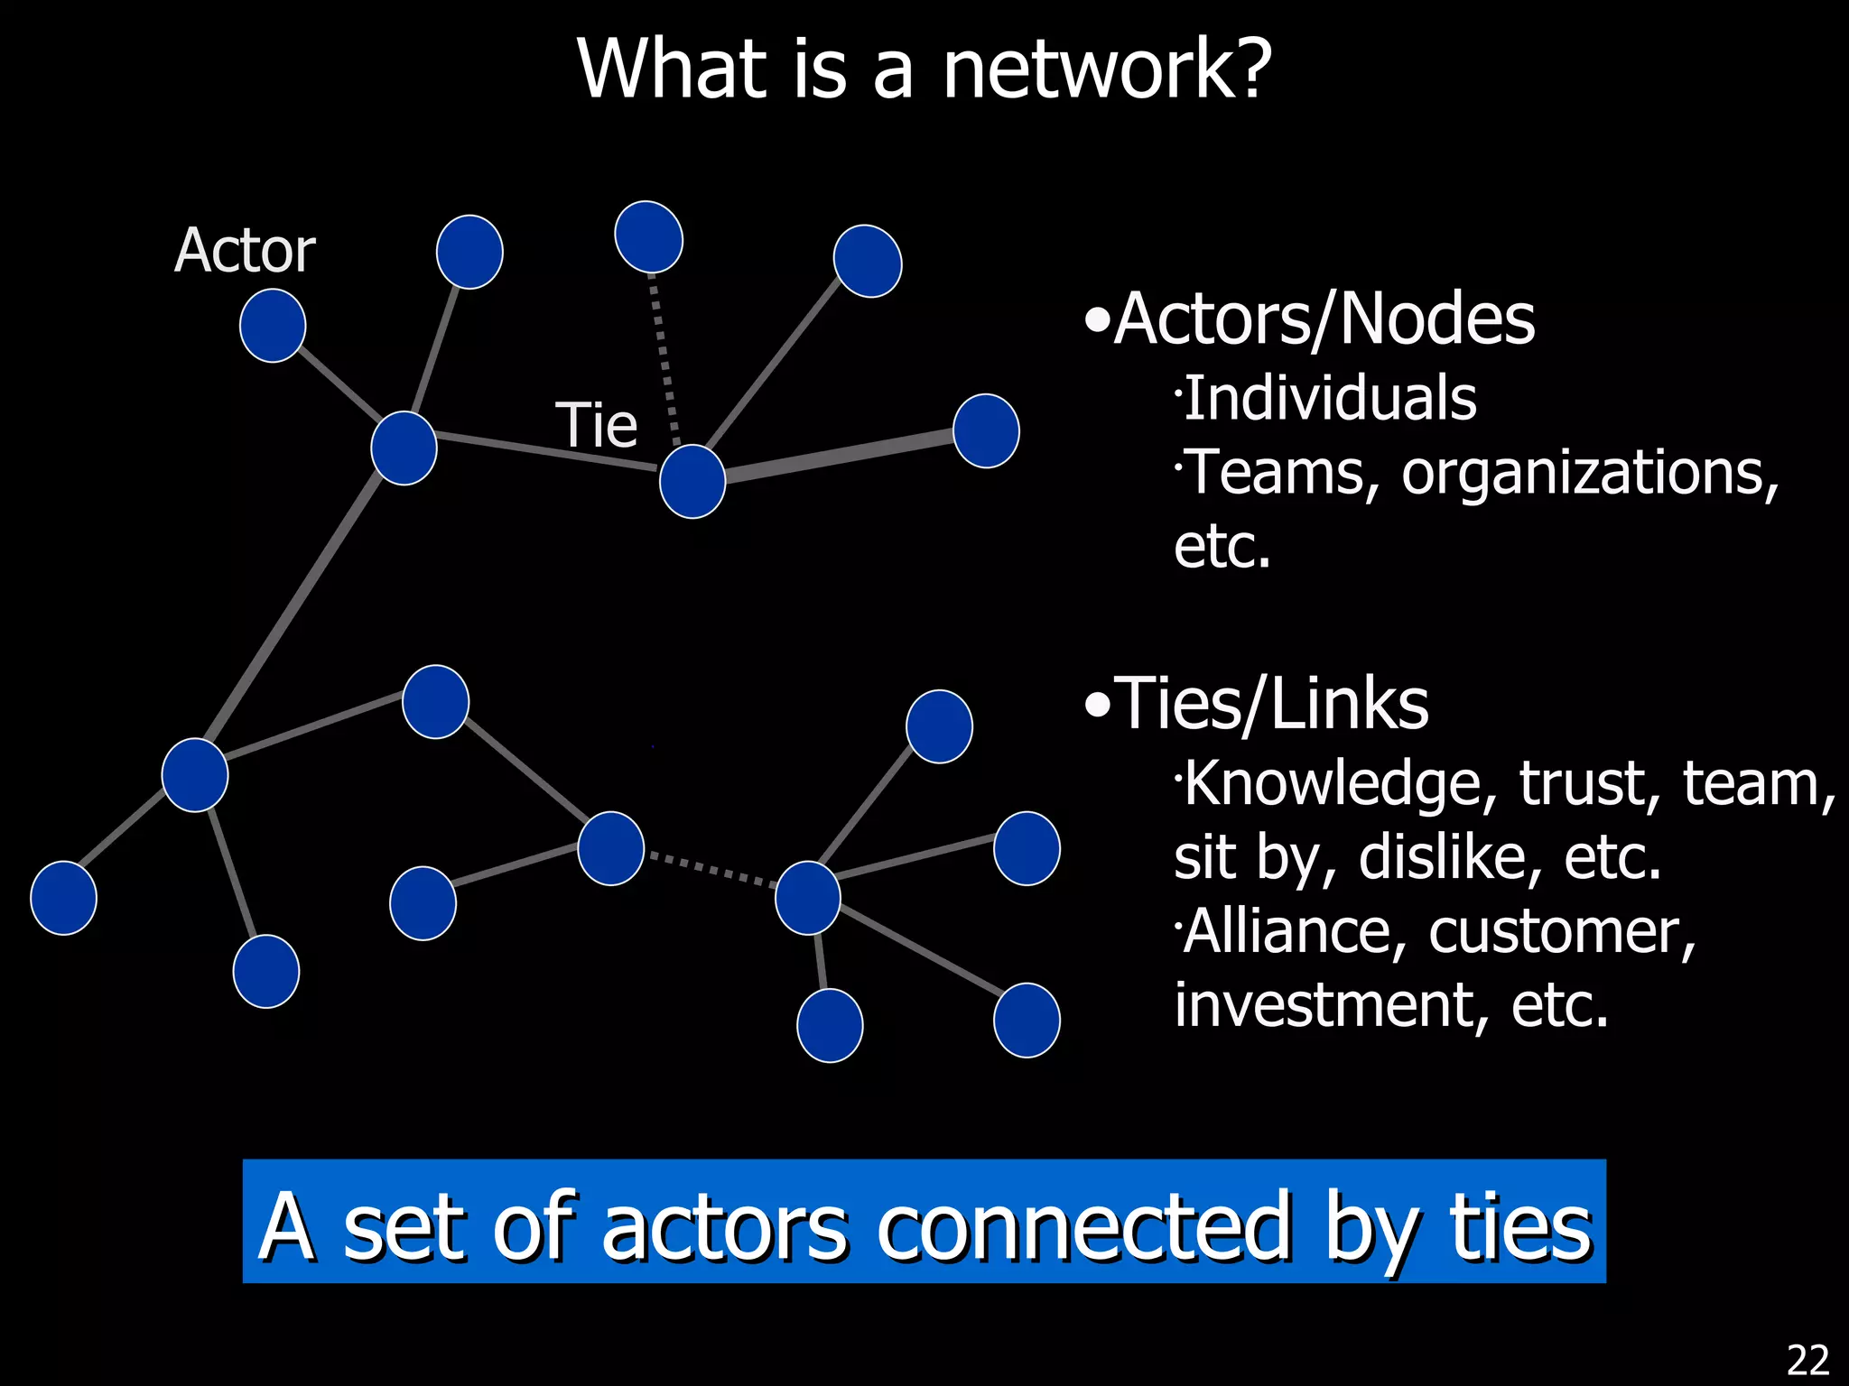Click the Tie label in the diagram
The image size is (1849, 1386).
coord(596,425)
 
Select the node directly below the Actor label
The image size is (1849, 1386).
coord(273,326)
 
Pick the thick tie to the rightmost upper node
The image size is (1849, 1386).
coord(840,457)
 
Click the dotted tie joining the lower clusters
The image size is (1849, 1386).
coord(711,869)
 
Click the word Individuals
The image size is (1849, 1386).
coord(1330,398)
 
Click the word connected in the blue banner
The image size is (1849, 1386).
coord(1084,1226)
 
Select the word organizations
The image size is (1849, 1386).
coord(1589,472)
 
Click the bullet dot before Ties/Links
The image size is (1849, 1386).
coord(1096,705)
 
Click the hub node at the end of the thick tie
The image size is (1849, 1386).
coord(692,482)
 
